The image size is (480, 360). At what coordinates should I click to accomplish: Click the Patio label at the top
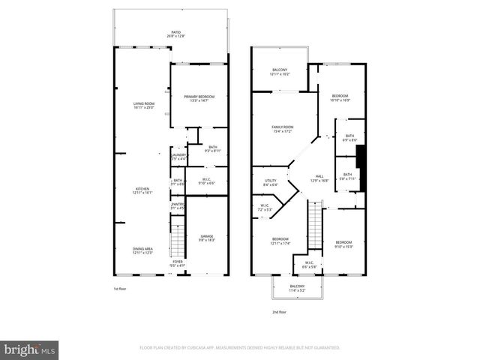point(176,33)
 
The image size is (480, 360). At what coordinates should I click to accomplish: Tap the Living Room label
point(143,105)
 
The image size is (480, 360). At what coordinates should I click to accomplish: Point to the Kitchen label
point(143,190)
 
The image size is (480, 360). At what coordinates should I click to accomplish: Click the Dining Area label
point(143,250)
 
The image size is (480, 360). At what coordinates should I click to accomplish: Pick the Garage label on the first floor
point(207,238)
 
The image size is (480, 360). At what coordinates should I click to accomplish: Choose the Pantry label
point(178,205)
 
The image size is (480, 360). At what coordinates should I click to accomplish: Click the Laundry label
point(178,156)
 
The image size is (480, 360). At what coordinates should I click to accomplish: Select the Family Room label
point(282,129)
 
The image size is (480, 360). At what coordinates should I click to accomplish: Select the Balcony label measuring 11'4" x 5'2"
point(298,287)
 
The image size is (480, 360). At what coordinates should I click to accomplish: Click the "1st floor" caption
point(120,288)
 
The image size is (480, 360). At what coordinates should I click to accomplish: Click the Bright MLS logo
point(30,349)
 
